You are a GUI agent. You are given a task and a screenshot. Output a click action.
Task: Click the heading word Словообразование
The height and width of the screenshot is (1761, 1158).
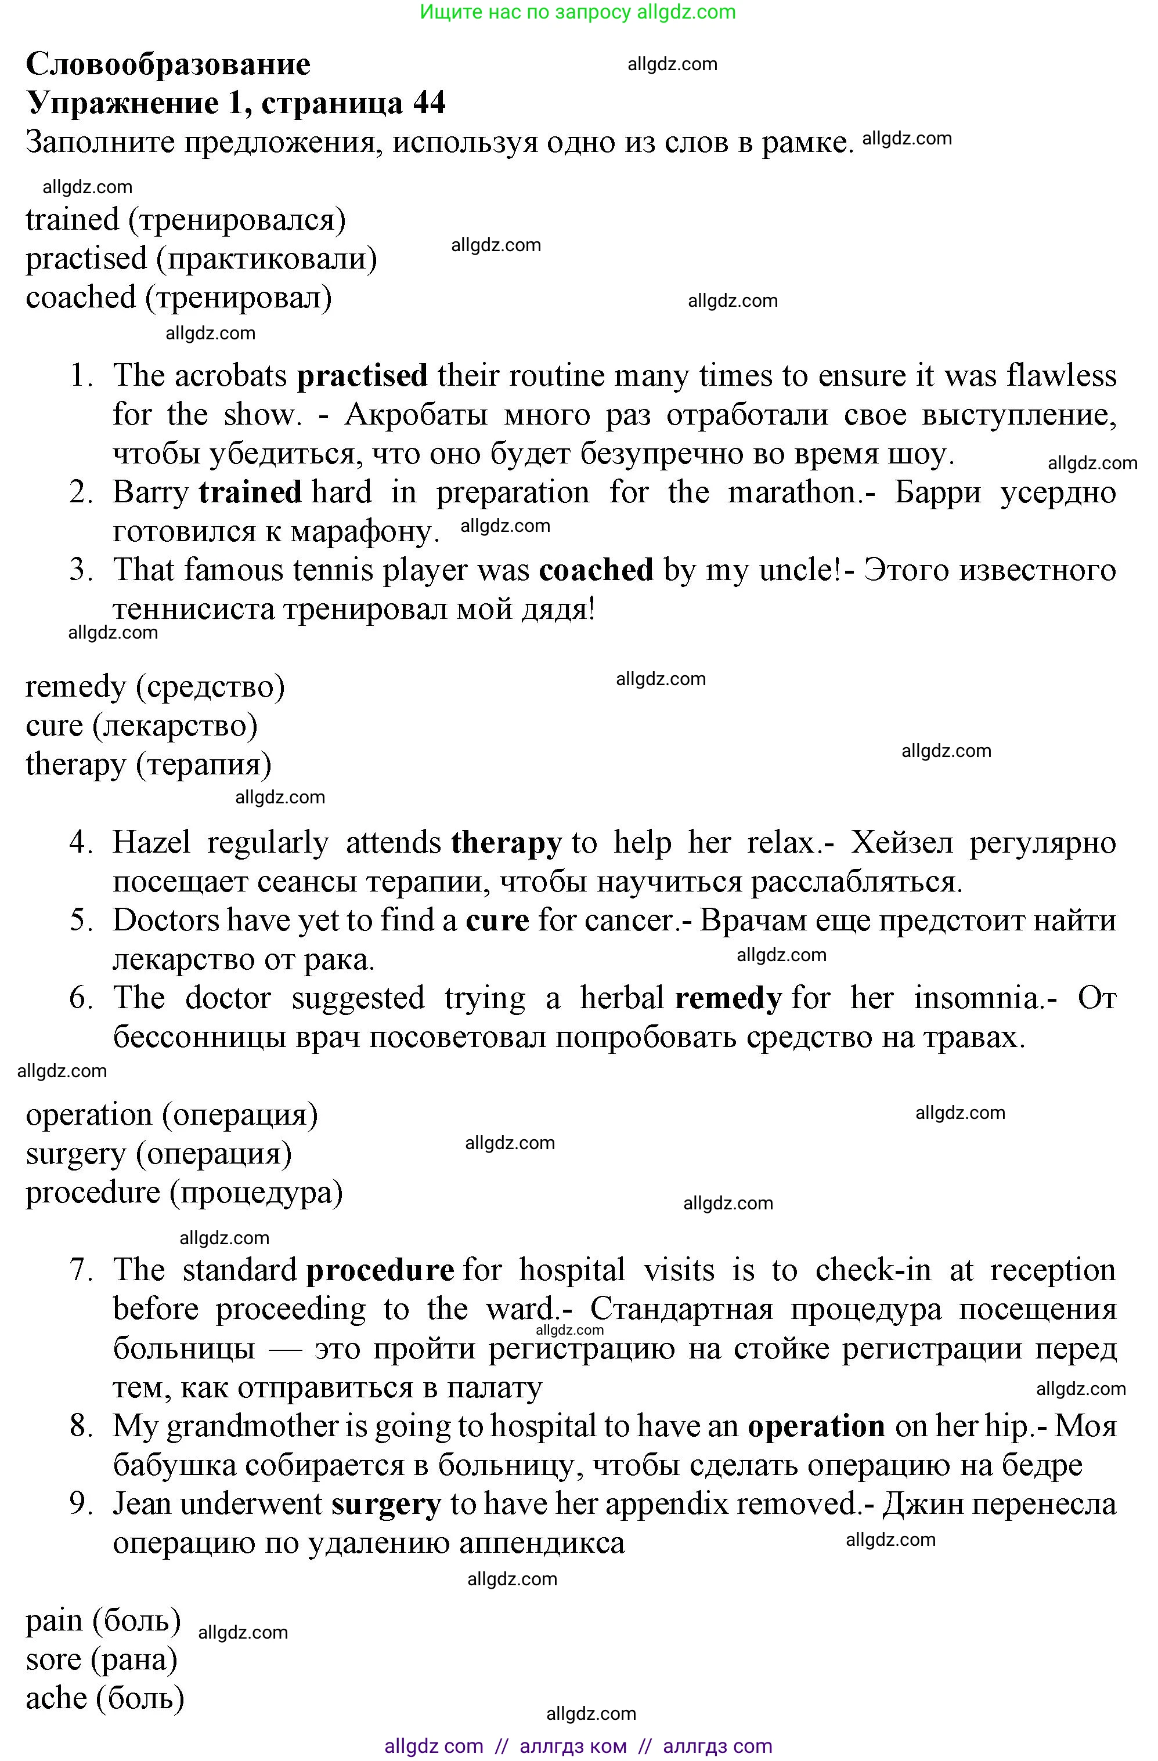click(168, 64)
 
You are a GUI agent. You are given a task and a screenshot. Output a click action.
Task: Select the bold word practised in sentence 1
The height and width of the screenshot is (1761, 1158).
click(362, 376)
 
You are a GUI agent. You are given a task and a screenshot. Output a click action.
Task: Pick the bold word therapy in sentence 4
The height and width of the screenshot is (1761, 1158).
click(506, 843)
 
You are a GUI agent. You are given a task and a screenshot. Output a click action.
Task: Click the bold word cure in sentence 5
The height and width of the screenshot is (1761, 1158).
click(497, 921)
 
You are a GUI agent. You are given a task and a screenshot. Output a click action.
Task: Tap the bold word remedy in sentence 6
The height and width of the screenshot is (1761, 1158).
click(728, 999)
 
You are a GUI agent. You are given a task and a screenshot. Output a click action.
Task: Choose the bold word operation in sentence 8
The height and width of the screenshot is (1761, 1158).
click(816, 1426)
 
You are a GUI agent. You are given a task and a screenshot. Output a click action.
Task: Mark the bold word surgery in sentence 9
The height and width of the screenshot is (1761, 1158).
click(386, 1504)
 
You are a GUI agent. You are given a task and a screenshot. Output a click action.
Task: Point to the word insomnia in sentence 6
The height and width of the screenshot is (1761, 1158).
click(977, 999)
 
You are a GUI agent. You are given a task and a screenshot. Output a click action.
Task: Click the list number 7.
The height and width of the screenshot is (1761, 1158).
click(80, 1270)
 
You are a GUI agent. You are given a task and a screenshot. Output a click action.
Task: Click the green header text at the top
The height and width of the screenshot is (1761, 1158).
click(578, 12)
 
